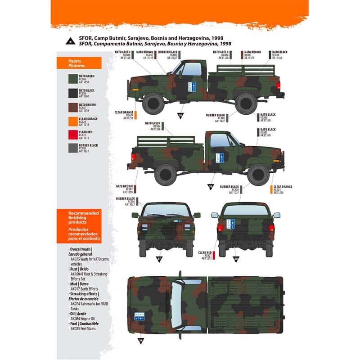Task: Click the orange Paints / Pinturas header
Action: click(x=79, y=63)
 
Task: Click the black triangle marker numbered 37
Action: click(x=158, y=259)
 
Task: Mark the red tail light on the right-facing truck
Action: click(x=133, y=157)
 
